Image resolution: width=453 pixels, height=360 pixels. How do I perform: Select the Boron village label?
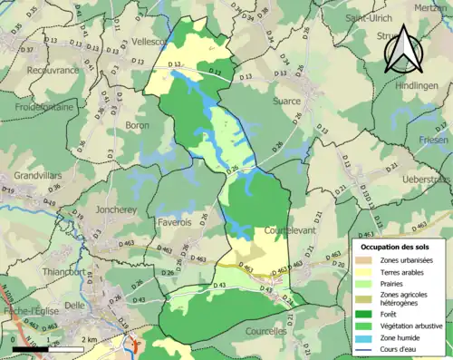137,125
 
